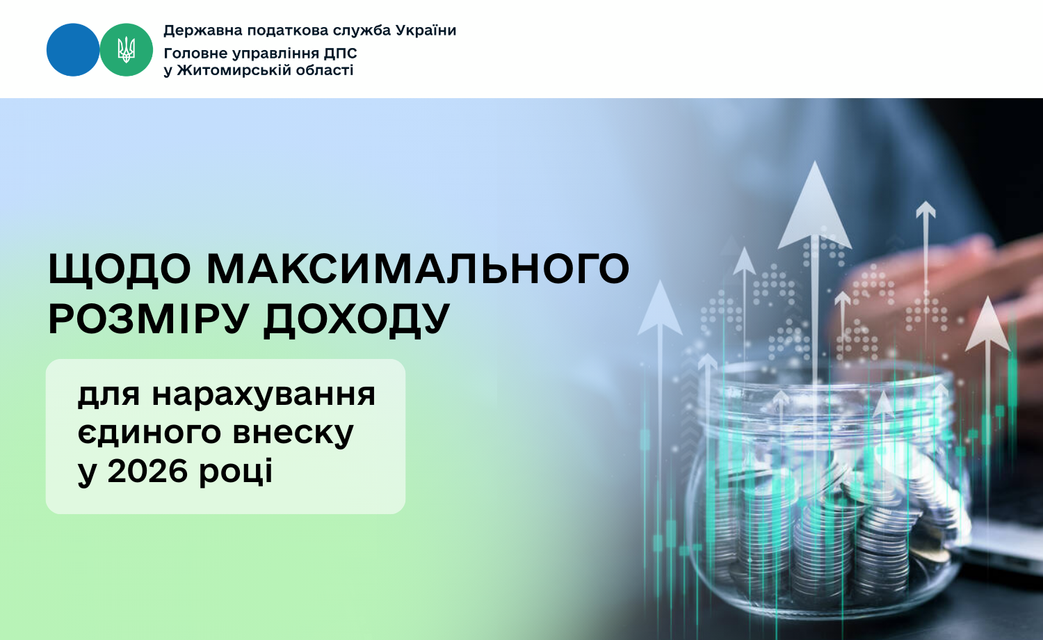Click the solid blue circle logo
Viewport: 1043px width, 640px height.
point(73,50)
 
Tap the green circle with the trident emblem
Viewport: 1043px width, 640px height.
point(126,50)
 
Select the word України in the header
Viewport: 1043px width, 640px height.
point(426,31)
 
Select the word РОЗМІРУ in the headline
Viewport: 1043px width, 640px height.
point(148,319)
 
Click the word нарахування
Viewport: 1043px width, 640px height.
point(264,395)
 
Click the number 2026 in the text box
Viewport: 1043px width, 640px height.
point(147,471)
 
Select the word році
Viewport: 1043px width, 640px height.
point(236,472)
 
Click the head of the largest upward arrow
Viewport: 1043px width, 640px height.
point(815,205)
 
